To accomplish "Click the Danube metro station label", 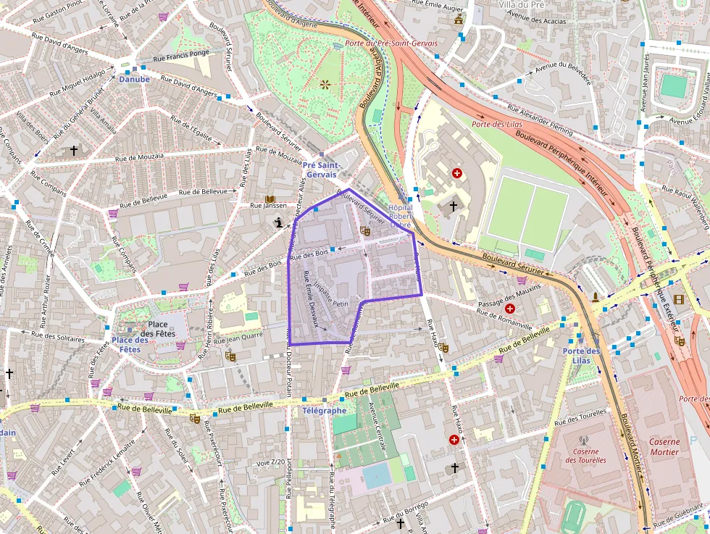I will (x=134, y=79).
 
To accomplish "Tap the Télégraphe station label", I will (x=324, y=411).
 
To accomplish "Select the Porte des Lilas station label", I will (x=582, y=356).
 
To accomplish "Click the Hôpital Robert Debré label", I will (x=401, y=216).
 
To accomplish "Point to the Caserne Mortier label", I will (x=664, y=447).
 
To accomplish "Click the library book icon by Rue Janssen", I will (x=270, y=199).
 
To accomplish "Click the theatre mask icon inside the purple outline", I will (x=365, y=231).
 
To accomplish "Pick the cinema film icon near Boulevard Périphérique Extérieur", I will (x=678, y=299).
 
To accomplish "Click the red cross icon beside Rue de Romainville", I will (x=510, y=309).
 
